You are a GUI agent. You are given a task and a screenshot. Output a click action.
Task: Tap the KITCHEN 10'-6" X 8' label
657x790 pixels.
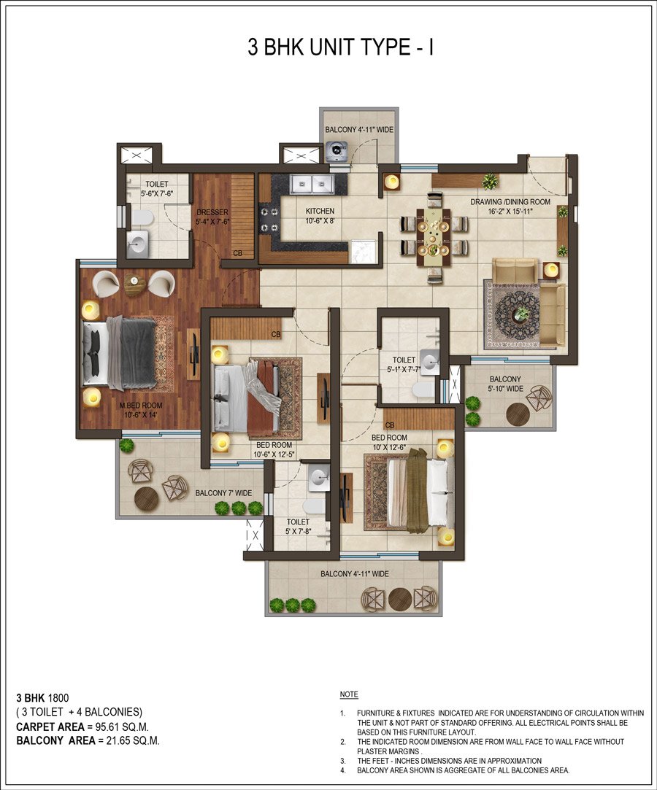320,216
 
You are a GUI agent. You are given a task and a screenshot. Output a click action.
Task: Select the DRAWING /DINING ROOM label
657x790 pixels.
510,206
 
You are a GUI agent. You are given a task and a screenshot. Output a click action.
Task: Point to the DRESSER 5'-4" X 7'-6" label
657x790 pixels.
213,217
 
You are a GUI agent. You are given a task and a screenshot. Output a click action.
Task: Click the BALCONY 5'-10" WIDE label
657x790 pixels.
505,384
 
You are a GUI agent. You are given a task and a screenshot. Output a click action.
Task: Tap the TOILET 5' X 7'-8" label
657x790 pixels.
298,527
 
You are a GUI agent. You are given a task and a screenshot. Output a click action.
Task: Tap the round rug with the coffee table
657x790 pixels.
520,314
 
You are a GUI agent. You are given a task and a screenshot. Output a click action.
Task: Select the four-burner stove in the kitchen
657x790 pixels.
269,219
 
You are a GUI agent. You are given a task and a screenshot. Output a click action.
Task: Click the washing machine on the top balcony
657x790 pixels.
337,151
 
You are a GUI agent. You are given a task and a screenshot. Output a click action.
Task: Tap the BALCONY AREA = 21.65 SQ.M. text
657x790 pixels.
88,740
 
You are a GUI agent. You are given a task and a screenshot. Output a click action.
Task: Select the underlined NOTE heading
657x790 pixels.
349,694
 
